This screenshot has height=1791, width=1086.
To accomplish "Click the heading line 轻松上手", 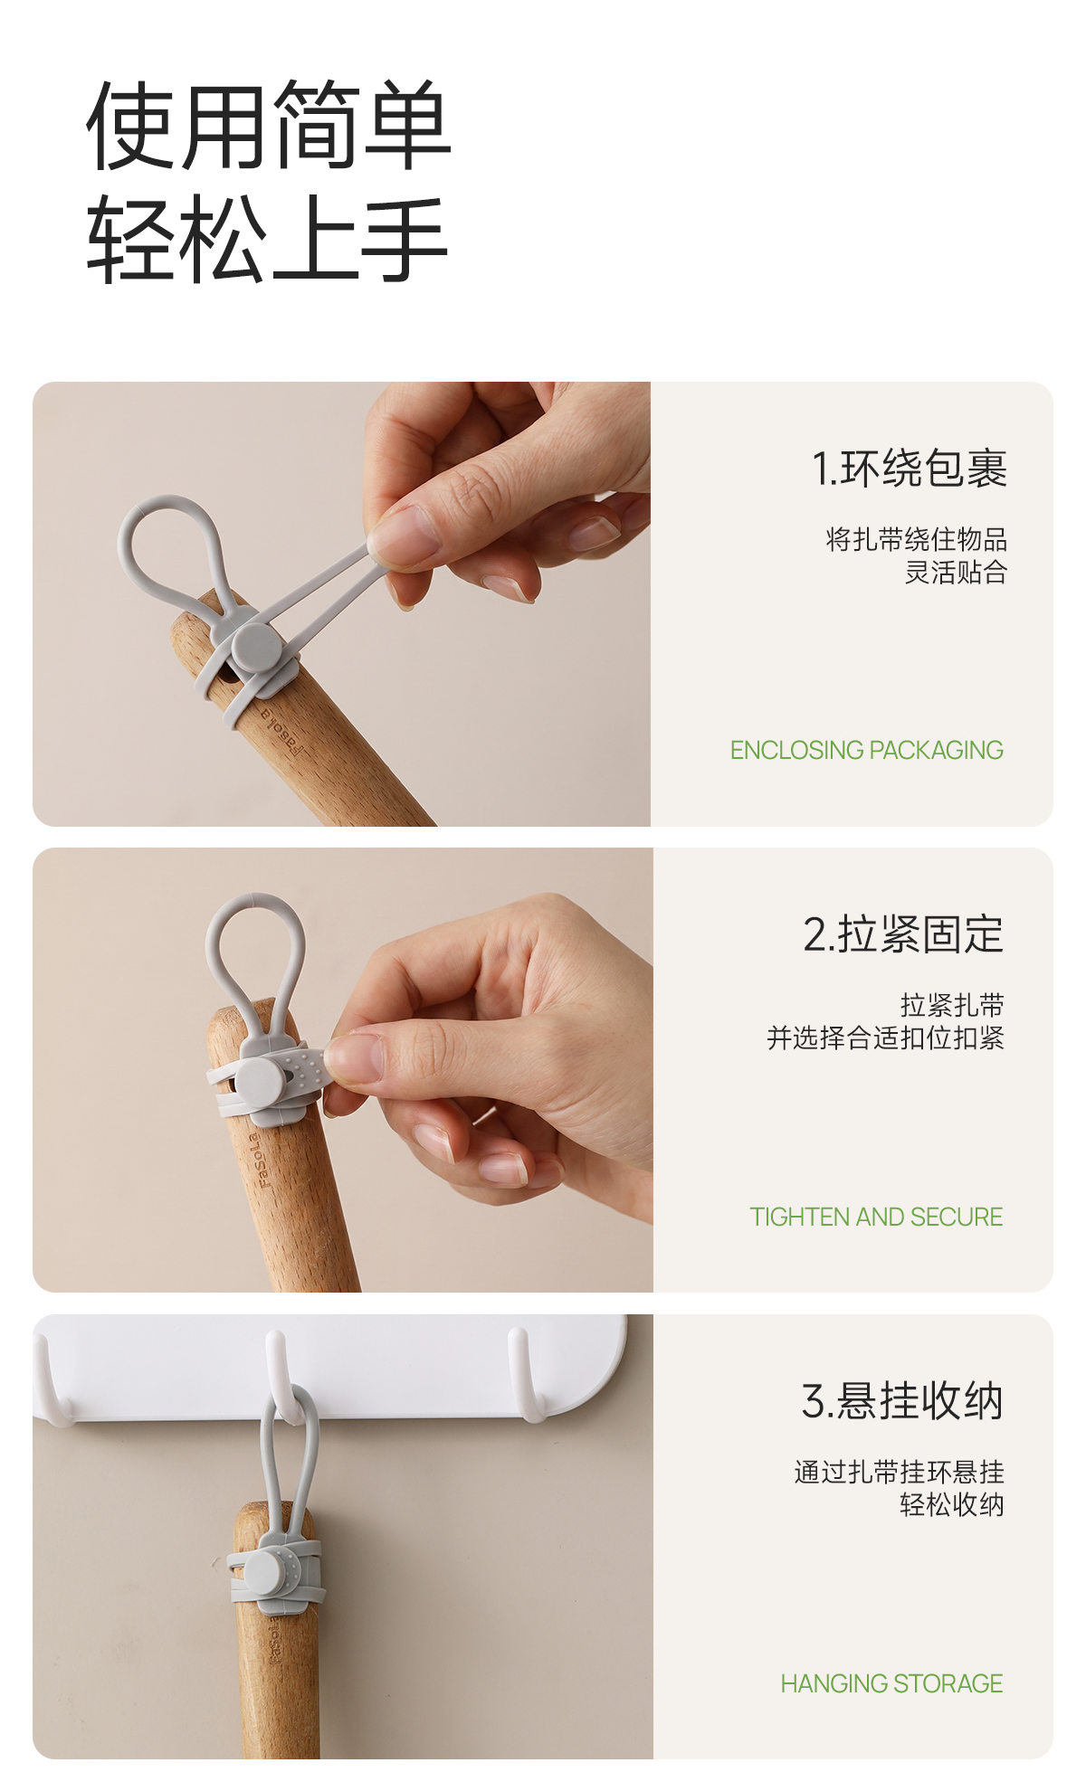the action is pos(268,239).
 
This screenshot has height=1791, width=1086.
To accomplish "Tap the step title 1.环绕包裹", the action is pos(909,469).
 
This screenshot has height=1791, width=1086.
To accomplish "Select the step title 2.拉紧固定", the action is pos(903,934).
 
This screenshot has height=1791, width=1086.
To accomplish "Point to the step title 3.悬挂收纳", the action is pos(902,1401).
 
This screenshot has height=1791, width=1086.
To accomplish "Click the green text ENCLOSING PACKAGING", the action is pos(867,750).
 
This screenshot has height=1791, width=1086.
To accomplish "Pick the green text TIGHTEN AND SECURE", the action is pos(876,1217).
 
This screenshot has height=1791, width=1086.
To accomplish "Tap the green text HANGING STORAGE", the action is pos(891,1683).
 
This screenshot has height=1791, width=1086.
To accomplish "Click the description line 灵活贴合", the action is pos(956,573).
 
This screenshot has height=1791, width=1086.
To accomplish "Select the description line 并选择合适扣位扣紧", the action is pos(885,1038).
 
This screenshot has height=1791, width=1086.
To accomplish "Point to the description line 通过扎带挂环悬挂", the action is pos(899,1472).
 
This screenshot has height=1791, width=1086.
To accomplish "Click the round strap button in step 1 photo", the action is pos(256,648).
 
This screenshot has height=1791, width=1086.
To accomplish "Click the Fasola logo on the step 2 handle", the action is pos(260,1160).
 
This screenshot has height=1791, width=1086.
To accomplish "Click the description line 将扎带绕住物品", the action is pos(916,540).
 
